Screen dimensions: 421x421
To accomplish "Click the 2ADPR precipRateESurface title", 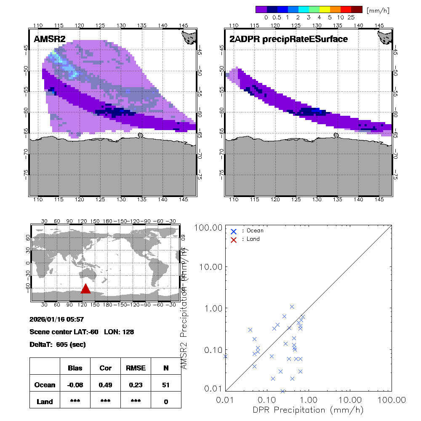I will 288,39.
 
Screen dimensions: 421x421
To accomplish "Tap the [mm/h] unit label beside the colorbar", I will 377,10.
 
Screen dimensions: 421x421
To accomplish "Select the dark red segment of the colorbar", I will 356,9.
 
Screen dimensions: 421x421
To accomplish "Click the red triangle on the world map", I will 85,288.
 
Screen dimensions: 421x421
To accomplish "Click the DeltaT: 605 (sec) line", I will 57,344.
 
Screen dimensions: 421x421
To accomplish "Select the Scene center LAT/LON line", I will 82,332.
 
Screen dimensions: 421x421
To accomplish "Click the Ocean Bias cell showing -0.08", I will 75,385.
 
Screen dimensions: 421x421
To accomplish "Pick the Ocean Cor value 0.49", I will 105,385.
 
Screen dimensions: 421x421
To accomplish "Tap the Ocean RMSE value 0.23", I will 136,385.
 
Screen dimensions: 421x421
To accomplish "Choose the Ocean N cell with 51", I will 166,385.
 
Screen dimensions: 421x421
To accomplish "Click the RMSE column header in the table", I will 136,368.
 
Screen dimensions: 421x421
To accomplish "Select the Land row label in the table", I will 45,402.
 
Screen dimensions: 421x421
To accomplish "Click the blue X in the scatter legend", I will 234,231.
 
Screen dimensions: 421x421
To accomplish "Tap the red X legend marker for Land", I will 234,239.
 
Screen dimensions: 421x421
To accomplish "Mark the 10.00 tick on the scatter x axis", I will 350,399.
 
